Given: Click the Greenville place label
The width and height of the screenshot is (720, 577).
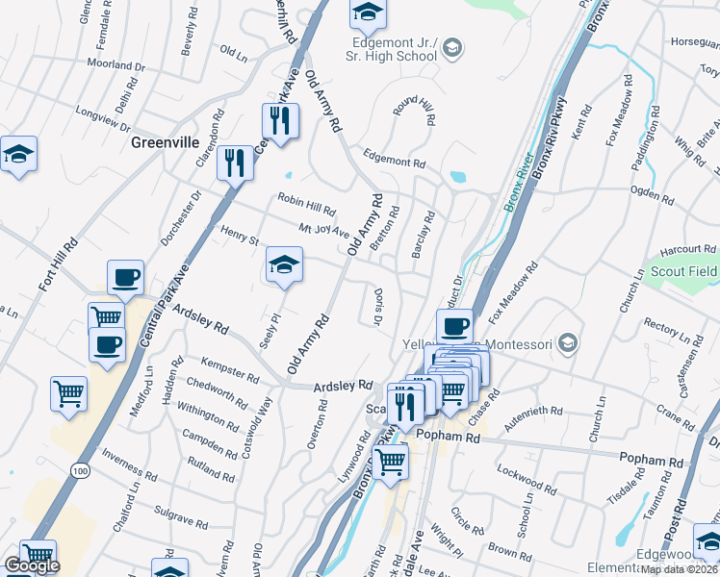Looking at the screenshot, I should click(165, 142).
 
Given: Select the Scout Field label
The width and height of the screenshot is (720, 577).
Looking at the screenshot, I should click(684, 271).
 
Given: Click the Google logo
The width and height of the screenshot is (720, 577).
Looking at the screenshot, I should click(32, 565).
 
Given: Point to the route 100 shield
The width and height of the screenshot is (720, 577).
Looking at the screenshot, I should click(80, 469).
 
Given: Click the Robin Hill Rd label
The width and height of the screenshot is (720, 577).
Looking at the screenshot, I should click(306, 205).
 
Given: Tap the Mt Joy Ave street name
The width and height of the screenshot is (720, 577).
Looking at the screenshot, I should click(323, 231).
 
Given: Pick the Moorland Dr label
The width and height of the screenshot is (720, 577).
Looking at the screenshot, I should click(116, 66).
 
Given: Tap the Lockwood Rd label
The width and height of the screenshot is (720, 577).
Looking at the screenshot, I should click(526, 480).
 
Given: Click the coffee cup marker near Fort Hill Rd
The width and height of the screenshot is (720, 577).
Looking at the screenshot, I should click(125, 278).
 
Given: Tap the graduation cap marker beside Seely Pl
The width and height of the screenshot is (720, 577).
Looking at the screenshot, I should click(284, 265).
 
